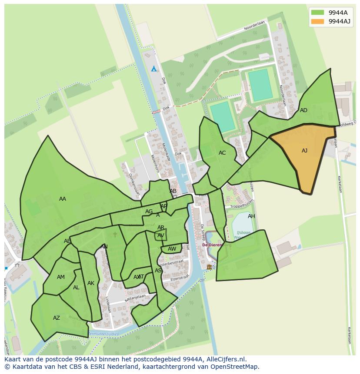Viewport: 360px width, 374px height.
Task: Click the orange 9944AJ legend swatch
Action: tap(317, 21)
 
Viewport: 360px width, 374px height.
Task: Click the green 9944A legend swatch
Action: tap(317, 12)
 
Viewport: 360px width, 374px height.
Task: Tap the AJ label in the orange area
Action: tap(304, 151)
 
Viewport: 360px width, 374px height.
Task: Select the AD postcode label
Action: tap(303, 110)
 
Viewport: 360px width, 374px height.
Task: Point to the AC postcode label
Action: tap(222, 153)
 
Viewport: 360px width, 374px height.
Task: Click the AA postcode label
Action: tap(63, 199)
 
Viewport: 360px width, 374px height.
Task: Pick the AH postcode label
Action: tap(251, 216)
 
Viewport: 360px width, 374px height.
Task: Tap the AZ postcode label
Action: tap(57, 318)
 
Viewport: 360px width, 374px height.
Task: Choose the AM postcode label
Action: tap(61, 277)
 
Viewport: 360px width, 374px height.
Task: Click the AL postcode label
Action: tap(76, 288)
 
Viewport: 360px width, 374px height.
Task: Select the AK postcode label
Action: tap(90, 283)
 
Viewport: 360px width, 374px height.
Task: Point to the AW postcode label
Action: tap(172, 249)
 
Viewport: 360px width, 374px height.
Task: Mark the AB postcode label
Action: tap(173, 191)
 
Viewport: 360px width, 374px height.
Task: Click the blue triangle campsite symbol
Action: tap(153, 69)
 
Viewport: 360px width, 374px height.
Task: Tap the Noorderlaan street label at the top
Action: tap(254, 26)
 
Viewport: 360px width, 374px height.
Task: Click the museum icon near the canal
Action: tap(209, 267)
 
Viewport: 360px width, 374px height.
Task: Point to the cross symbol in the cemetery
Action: tap(115, 235)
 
